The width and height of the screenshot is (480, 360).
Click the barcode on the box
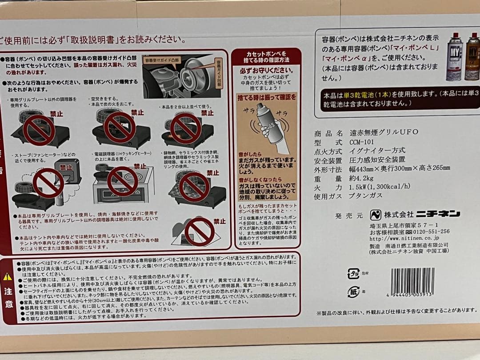point(413,281)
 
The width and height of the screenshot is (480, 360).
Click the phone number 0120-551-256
point(428,232)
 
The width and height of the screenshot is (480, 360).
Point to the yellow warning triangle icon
point(8,276)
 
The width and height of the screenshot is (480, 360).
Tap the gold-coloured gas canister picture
point(472,57)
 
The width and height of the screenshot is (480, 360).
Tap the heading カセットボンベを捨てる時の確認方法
point(266,56)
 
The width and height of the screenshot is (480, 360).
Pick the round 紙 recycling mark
point(353,292)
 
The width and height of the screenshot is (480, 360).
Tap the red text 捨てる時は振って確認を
point(266,96)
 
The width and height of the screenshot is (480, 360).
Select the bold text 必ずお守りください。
point(266,71)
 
